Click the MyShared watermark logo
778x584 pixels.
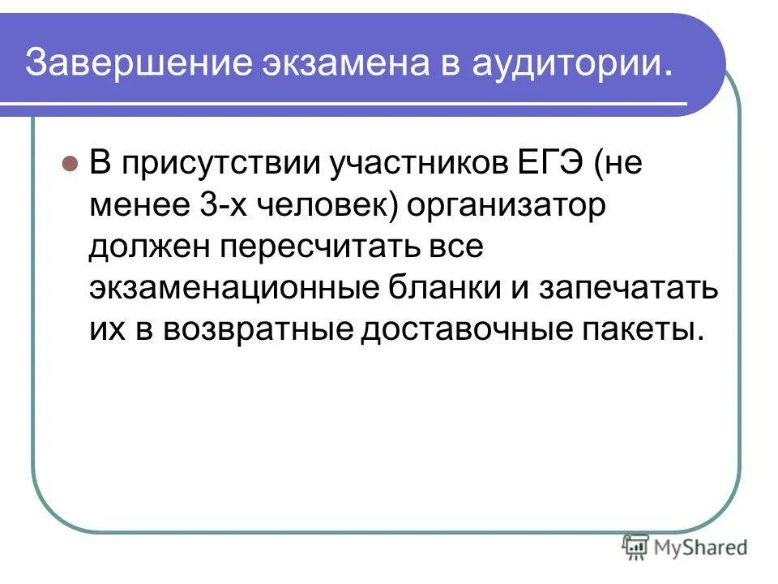[685, 547]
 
